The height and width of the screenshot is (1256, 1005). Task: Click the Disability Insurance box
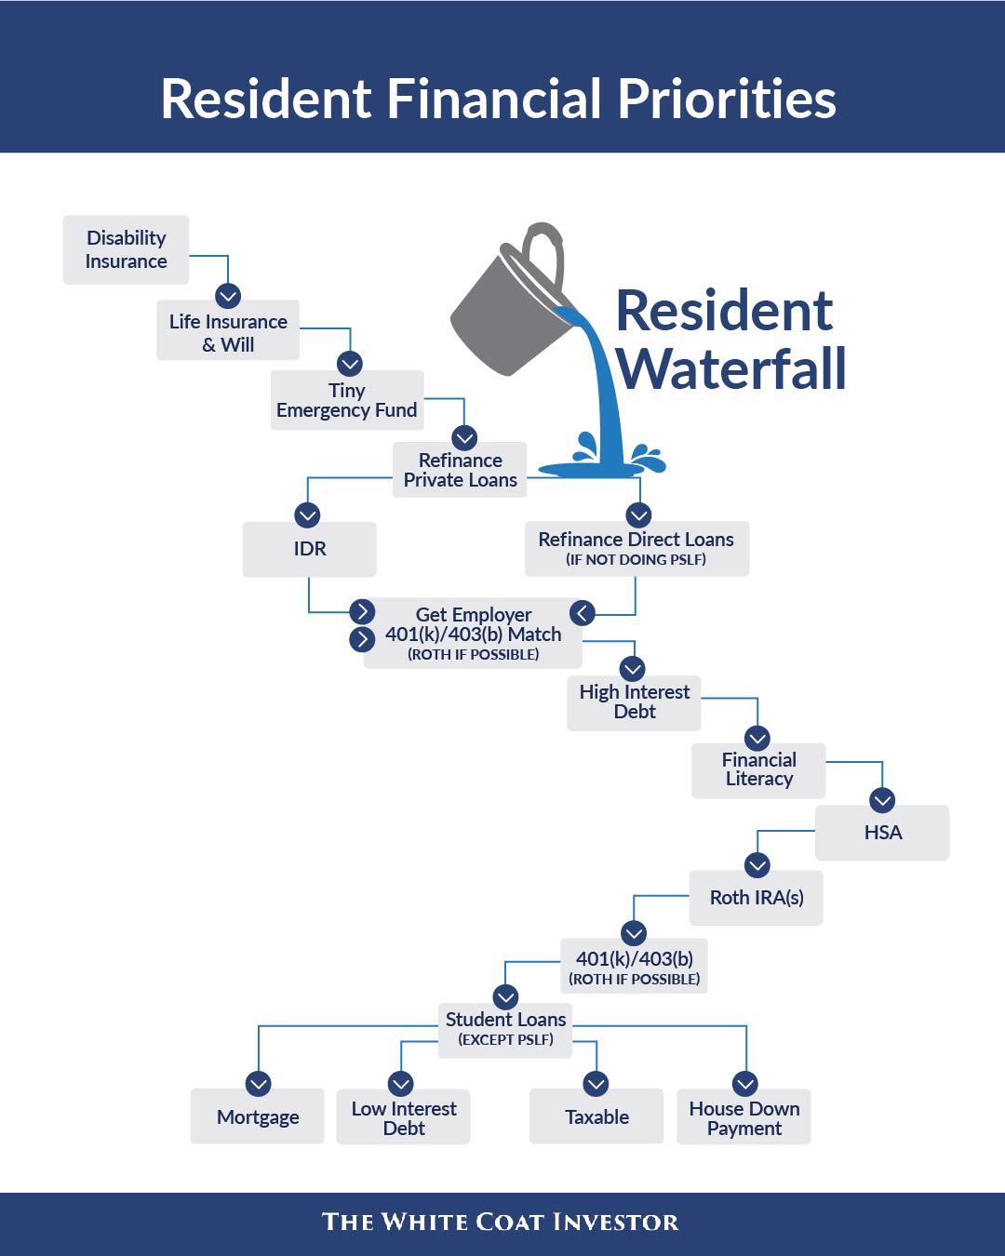point(126,250)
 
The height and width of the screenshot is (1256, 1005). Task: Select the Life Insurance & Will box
point(228,330)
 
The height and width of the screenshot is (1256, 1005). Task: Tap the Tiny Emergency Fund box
point(347,400)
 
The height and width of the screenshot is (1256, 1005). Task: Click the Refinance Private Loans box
point(460,470)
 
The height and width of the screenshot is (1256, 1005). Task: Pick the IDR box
point(309,549)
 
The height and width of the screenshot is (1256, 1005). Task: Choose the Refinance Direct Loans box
point(636,548)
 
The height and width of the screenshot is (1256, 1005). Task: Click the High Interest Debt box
point(634,702)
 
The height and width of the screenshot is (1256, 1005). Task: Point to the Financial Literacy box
point(758,770)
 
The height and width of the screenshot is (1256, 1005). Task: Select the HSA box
point(882,833)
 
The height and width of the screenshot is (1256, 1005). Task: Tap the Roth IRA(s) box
point(756,898)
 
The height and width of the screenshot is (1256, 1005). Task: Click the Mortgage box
point(258,1116)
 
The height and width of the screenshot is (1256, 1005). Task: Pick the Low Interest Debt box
point(403,1117)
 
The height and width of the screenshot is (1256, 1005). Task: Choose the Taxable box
point(596,1116)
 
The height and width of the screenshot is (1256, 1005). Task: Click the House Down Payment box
point(744,1117)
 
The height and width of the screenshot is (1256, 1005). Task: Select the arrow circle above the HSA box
point(882,800)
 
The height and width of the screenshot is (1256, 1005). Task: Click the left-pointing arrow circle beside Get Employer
point(583,613)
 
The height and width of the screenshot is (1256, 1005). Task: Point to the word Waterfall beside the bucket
point(731,369)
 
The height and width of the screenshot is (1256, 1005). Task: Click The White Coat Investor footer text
point(501,1223)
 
